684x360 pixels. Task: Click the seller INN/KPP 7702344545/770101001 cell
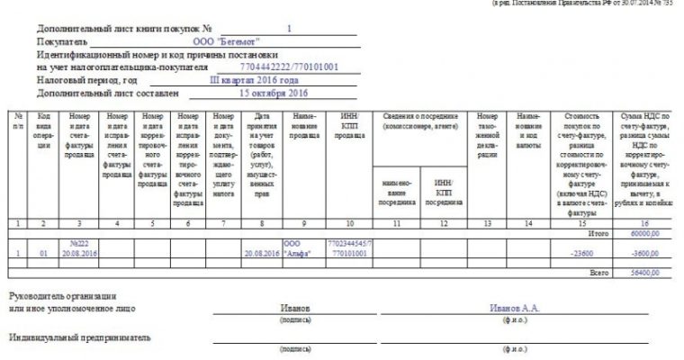point(349,248)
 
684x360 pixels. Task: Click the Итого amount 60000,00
point(646,232)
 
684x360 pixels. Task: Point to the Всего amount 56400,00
point(646,268)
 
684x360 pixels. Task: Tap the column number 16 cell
point(641,221)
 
